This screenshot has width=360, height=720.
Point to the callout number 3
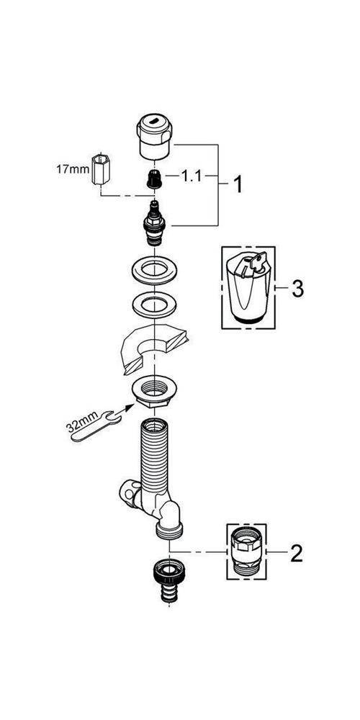pyautogui.click(x=297, y=289)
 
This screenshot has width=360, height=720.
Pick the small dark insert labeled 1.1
pyautogui.click(x=152, y=179)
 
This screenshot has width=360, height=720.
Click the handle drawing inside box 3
pyautogui.click(x=248, y=286)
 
